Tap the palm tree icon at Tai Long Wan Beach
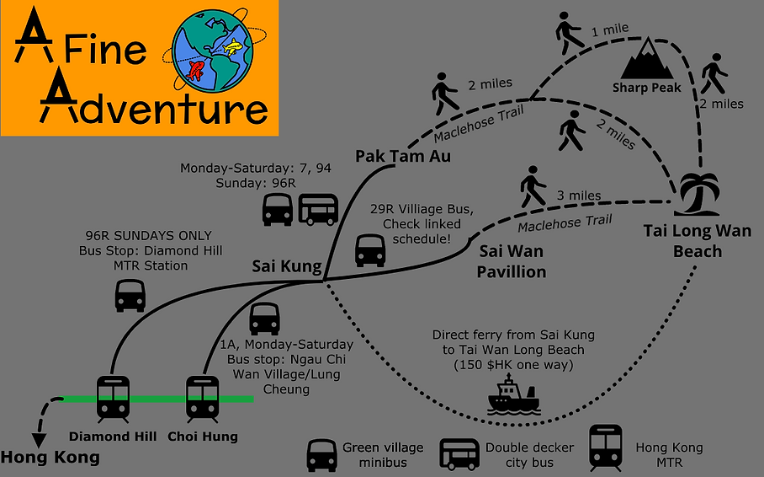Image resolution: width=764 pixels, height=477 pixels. [x=698, y=194]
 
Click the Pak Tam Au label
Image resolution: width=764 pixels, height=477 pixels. [x=403, y=156]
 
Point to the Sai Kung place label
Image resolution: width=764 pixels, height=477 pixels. [x=287, y=266]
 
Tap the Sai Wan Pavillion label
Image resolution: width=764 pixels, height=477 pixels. [x=511, y=261]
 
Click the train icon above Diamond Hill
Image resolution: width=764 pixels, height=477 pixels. [x=113, y=399]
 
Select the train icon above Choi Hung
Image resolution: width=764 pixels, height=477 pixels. [x=202, y=399]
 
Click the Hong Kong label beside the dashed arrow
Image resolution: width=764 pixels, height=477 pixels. [x=50, y=458]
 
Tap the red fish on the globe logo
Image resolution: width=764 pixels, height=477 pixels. [x=195, y=71]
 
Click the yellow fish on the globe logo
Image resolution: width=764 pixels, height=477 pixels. [x=232, y=46]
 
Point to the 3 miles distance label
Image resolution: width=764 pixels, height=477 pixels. [x=579, y=196]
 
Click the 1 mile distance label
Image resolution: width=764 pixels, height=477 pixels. [x=609, y=30]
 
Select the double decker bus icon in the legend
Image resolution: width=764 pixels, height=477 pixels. [x=459, y=454]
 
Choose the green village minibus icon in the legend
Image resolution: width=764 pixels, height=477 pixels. [x=321, y=456]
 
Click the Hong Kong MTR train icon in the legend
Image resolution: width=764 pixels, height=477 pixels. [x=606, y=448]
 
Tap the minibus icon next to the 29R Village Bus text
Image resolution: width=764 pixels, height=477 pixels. [x=370, y=250]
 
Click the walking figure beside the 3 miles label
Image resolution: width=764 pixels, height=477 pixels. [x=533, y=187]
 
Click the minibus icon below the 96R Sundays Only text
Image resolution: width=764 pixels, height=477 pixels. [x=130, y=295]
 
